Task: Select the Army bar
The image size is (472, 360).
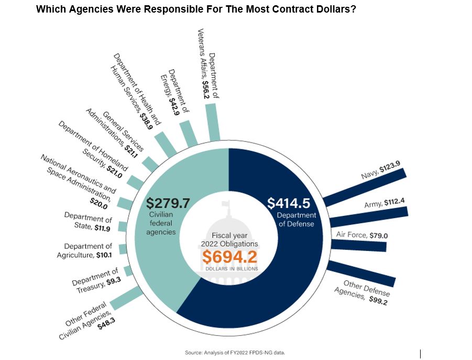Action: click(x=369, y=216)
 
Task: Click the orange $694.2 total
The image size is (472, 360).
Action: click(x=230, y=257)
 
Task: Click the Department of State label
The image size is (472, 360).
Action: click(x=88, y=222)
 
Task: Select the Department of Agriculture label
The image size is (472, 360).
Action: click(x=84, y=250)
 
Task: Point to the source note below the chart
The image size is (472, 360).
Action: click(x=235, y=353)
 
